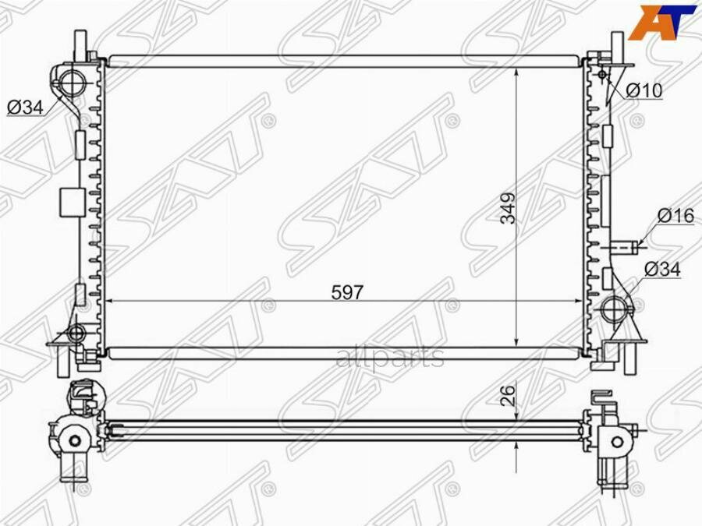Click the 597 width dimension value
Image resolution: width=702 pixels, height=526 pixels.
point(347,292)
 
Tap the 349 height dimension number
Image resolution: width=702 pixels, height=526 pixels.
point(508,208)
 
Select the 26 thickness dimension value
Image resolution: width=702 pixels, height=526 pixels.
point(508,395)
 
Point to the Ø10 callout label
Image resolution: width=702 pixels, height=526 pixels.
point(643,91)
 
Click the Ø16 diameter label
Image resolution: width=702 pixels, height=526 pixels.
point(676,217)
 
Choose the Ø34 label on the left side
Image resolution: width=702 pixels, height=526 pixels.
point(25,108)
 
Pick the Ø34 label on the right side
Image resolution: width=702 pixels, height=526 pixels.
point(662,270)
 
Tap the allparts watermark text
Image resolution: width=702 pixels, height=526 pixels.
point(389,356)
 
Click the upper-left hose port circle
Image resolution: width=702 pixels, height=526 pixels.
point(72,83)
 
